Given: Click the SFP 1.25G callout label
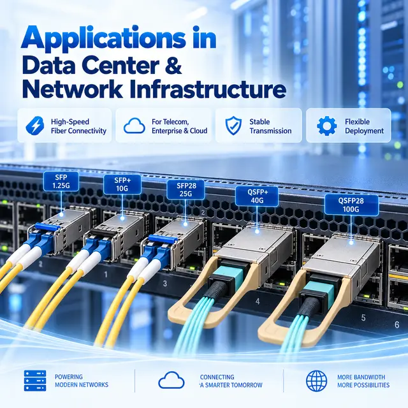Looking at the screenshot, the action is point(61,181).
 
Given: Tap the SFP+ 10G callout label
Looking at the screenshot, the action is point(122,184).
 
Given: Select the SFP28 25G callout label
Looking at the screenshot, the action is point(186,189).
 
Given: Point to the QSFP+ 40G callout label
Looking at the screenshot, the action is point(257,196).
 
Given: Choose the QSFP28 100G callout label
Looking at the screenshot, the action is point(351,205).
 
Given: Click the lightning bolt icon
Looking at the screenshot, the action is point(35,126).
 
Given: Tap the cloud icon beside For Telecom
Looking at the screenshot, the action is point(135,126).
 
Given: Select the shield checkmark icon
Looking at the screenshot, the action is point(233,126).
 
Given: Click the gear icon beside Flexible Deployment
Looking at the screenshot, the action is point(327,126).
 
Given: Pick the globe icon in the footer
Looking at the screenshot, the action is point(317,381).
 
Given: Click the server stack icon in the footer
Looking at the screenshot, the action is point(35,381).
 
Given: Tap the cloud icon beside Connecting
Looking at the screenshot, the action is point(171,380).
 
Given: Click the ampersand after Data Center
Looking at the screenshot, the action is point(173,65).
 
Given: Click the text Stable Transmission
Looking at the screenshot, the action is point(270,126).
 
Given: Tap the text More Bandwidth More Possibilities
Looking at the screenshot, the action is point(363,381).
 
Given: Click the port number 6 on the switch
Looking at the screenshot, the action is point(397,324).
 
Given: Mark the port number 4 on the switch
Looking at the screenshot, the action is point(258,302).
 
